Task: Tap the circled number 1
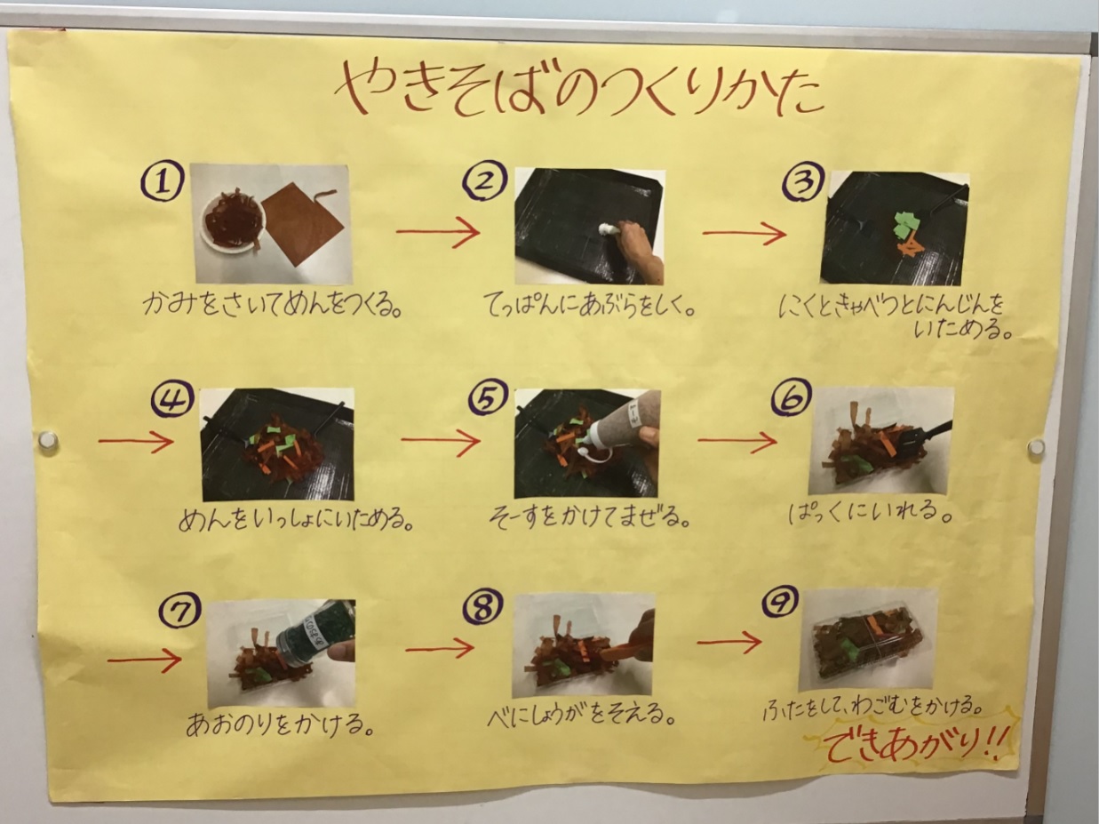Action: [163, 183]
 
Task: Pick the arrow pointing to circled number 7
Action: [144, 660]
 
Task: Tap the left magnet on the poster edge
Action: [49, 440]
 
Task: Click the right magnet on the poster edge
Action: [1036, 447]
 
